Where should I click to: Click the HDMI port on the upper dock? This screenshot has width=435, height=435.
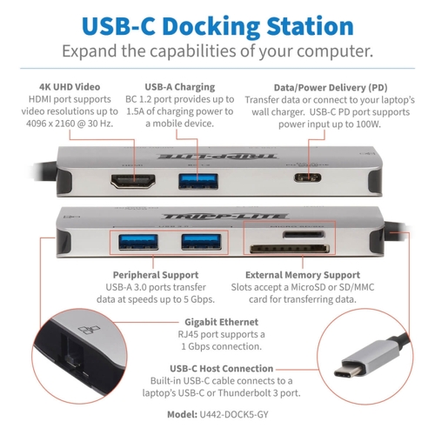tap(133, 182)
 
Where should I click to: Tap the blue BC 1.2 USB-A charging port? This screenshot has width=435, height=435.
tap(198, 181)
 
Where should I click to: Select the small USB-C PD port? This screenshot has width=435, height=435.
tap(307, 177)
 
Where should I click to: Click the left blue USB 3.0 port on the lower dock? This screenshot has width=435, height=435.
tap(138, 242)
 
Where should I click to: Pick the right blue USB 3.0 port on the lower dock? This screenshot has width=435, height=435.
tap(201, 242)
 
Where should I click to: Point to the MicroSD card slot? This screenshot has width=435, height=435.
tap(304, 234)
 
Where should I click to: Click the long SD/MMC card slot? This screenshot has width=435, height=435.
tap(290, 249)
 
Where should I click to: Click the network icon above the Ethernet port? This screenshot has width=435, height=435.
tap(89, 330)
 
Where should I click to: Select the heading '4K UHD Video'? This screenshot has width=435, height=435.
tap(70, 87)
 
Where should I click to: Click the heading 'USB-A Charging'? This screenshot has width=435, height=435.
tap(180, 87)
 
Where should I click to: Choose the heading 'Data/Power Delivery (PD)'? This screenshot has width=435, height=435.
tap(331, 88)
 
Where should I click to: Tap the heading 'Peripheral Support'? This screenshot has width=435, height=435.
tap(156, 275)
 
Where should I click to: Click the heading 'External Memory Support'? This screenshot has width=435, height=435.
tap(303, 275)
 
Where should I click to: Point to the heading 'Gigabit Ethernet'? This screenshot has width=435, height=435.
tap(221, 322)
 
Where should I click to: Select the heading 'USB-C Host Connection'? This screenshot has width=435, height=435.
tap(221, 369)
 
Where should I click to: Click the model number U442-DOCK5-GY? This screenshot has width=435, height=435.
tap(234, 414)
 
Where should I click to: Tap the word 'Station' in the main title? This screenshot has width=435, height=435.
tap(310, 26)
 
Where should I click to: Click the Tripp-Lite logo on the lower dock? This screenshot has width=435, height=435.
tap(225, 217)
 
